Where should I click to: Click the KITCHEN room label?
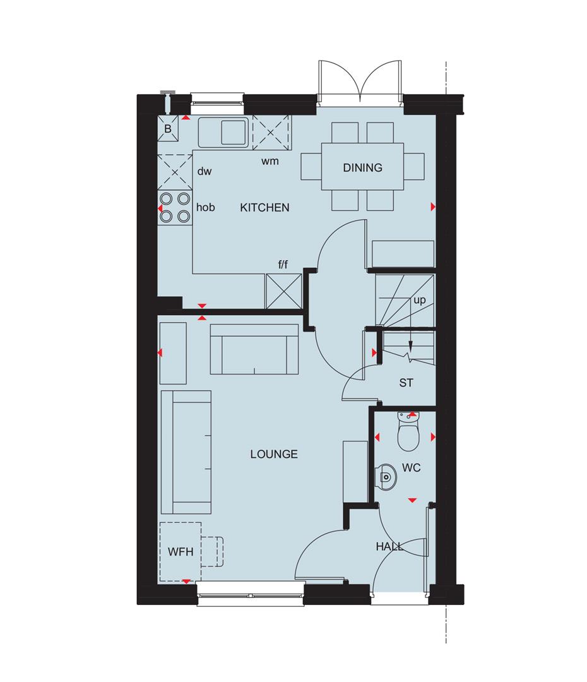[x=264, y=207]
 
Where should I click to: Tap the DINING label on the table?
[x=362, y=168]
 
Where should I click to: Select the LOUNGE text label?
[x=273, y=454]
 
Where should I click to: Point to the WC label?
[x=411, y=468]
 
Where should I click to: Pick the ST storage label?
[x=406, y=383]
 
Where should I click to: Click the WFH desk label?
[x=180, y=551]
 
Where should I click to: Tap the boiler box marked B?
[x=168, y=129]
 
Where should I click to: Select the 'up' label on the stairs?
[x=420, y=301]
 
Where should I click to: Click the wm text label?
[x=270, y=161]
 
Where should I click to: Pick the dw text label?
[x=203, y=171]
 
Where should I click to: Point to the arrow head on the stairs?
[x=410, y=346]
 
